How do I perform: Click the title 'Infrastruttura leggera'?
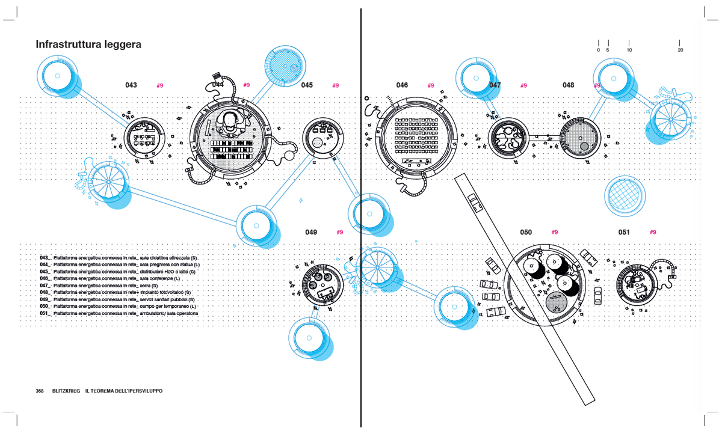(x=88, y=44)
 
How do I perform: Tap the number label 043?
(x=131, y=85)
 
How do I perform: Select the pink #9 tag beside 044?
(x=246, y=85)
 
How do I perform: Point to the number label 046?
(x=402, y=85)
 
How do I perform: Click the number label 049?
(x=311, y=232)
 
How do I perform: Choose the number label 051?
(x=624, y=232)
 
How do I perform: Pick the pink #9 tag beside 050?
(x=555, y=232)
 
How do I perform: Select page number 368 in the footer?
(x=40, y=391)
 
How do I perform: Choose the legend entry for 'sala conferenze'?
(x=114, y=279)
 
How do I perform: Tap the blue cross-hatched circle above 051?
(x=626, y=196)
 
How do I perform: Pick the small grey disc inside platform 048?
(x=584, y=147)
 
